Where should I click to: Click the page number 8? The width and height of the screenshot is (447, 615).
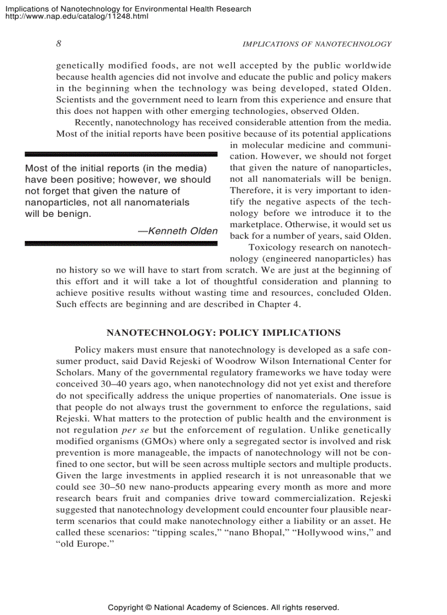pyautogui.click(x=59, y=44)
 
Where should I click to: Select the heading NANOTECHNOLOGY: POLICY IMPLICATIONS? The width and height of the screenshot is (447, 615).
pyautogui.click(x=223, y=332)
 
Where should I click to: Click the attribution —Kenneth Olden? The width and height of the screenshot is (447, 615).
pyautogui.click(x=178, y=231)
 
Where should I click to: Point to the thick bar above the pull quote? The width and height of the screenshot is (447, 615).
pyautogui.click(x=121, y=154)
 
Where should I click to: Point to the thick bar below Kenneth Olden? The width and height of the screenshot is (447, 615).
pyautogui.click(x=121, y=243)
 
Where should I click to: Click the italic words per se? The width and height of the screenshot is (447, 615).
pyautogui.click(x=132, y=430)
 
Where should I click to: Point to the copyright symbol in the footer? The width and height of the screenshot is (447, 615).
pyautogui.click(x=148, y=607)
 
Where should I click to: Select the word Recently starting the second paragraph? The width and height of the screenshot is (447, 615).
pyautogui.click(x=93, y=122)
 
